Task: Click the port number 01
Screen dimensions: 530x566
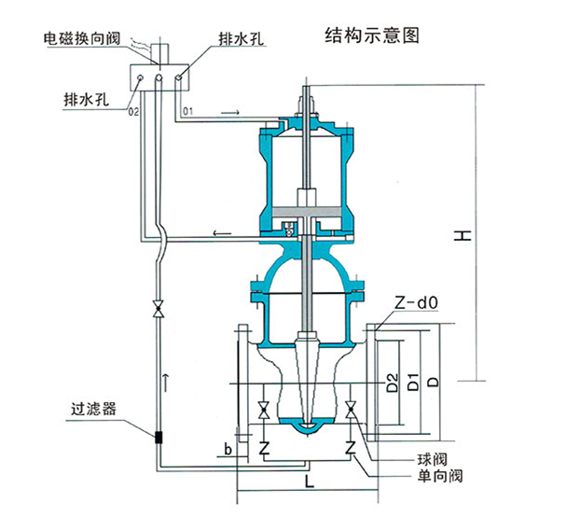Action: [188, 112]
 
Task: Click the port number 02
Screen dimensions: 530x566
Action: [132, 112]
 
